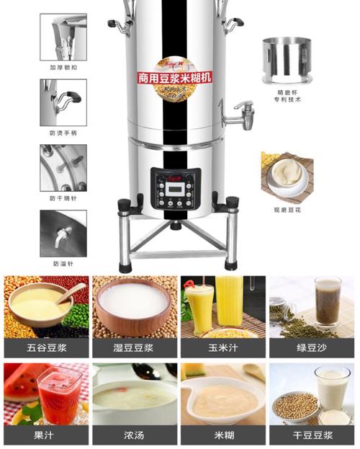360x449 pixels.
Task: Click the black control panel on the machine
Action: pos(176,189)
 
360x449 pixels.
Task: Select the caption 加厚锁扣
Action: pos(63,68)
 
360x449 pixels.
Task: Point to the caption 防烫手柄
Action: pos(63,133)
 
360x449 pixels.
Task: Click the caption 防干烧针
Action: pos(63,198)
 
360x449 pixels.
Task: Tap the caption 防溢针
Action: pos(63,264)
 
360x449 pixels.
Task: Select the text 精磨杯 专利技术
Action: pos(285,96)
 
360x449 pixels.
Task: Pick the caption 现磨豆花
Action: pos(286,209)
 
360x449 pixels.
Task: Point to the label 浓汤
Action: pos(133,436)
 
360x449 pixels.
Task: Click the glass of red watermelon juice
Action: pos(59,394)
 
